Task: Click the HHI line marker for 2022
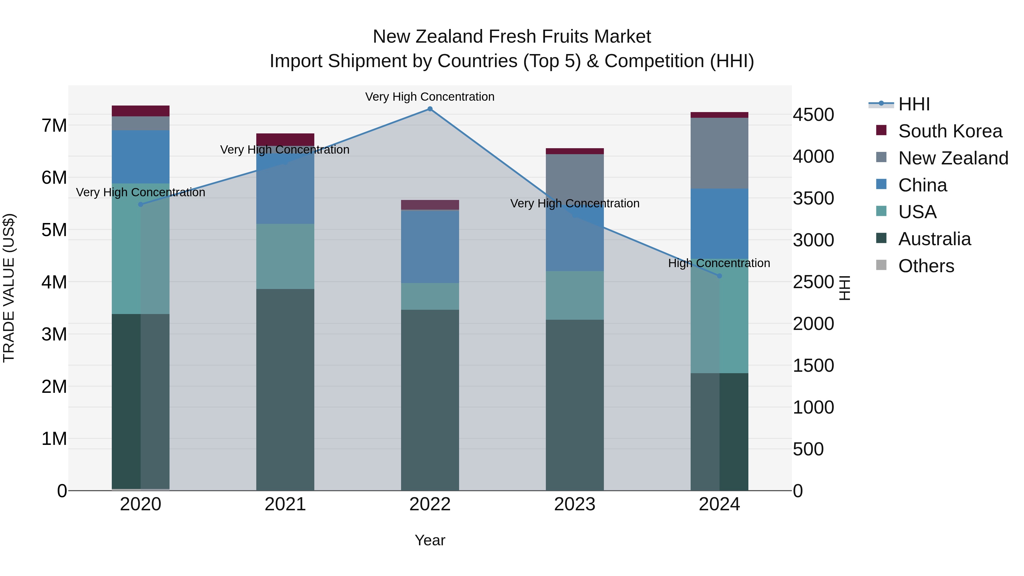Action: click(x=430, y=109)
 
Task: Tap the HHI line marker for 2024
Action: click(x=719, y=276)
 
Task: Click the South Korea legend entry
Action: click(x=950, y=131)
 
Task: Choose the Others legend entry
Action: click(x=926, y=266)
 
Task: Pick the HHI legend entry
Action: click(x=914, y=104)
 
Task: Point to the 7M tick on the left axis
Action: click(x=54, y=126)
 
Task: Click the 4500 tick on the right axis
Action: click(x=813, y=115)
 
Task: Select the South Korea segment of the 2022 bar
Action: click(x=430, y=205)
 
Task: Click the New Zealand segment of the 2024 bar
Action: click(x=719, y=153)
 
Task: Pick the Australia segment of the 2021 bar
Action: click(x=285, y=390)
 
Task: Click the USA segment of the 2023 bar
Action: click(x=574, y=295)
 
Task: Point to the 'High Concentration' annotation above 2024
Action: click(x=719, y=263)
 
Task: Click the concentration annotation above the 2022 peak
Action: click(x=430, y=97)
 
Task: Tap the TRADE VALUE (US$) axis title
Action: click(x=9, y=288)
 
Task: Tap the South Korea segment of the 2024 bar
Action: click(x=719, y=115)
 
